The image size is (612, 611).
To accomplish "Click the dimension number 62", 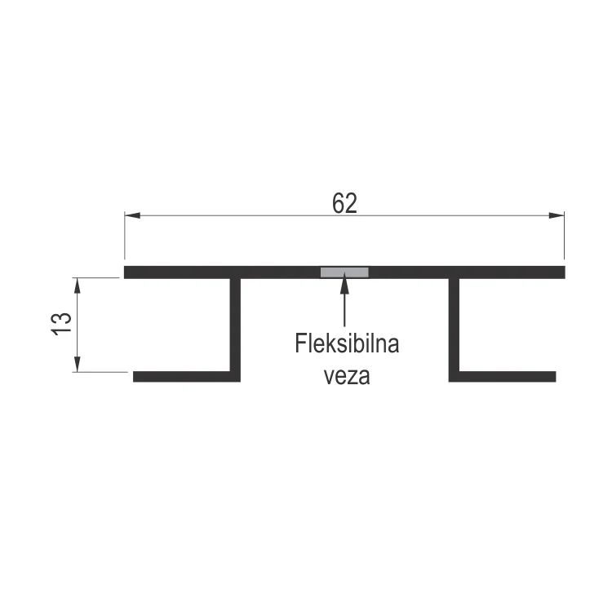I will click(344, 203).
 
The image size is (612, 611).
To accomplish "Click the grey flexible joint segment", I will click(344, 272).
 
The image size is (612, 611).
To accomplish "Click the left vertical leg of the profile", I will click(237, 326).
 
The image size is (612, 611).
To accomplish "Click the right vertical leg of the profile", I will click(455, 326).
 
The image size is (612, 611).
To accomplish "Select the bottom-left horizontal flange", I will click(184, 376).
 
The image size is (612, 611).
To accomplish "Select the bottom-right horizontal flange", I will click(506, 376).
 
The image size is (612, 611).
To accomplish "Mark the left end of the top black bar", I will click(128, 272).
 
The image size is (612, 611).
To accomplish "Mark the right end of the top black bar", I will click(561, 272).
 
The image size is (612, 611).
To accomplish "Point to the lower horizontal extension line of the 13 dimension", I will click(102, 373).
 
